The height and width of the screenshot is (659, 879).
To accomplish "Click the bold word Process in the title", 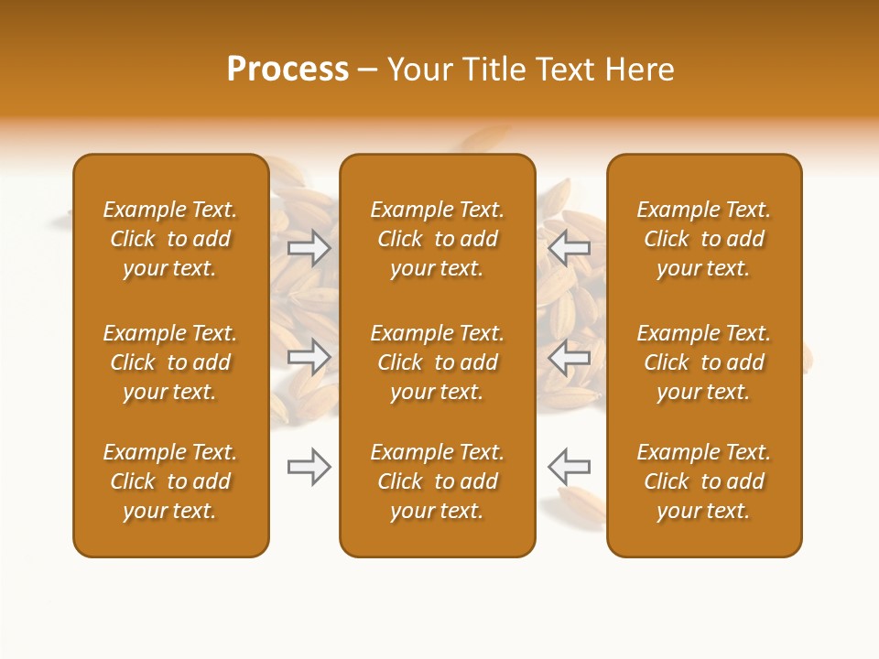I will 288,70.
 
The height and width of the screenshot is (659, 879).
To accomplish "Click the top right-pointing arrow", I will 309,247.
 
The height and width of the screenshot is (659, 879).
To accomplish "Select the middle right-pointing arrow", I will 309,357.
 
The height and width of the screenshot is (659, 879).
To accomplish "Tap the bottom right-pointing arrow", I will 309,467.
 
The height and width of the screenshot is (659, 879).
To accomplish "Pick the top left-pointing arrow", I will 569,247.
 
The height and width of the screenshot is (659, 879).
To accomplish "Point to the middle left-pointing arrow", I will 569,357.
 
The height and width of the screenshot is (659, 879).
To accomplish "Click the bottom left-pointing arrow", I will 569,467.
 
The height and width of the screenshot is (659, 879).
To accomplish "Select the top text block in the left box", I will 170,239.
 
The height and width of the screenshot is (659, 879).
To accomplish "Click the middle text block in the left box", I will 170,362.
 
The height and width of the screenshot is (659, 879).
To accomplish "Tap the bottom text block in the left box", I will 170,481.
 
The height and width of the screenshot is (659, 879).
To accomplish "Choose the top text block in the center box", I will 437,239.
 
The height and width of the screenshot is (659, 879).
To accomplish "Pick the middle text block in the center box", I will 437,362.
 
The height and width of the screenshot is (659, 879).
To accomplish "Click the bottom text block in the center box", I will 437,481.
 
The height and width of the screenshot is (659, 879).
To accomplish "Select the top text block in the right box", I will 703,239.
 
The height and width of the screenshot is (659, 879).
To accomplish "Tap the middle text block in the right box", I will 703,362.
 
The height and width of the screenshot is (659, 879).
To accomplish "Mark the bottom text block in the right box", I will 703,481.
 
